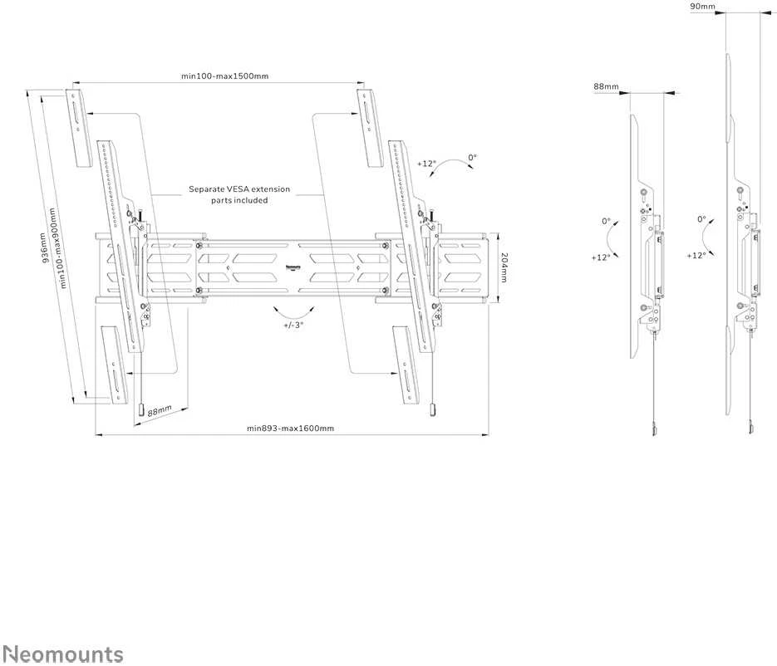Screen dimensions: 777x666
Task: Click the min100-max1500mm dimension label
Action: click(224, 76)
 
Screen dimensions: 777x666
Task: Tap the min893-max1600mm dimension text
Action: click(290, 428)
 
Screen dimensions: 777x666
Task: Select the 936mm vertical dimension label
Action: click(44, 247)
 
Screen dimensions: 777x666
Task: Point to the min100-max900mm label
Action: click(58, 247)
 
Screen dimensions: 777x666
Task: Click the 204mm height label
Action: click(504, 267)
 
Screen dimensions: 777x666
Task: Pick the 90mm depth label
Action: click(703, 7)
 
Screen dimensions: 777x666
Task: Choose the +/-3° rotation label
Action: click(293, 326)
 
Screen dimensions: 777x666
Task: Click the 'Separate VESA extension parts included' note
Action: click(239, 194)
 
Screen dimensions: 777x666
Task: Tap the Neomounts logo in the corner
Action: click(63, 654)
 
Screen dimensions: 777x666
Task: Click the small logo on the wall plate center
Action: click(293, 268)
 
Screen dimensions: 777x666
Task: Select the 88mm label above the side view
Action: click(606, 86)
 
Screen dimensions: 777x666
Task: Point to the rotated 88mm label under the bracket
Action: click(160, 410)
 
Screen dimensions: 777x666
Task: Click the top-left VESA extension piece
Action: click(79, 128)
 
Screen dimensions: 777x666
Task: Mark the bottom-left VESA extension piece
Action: click(115, 365)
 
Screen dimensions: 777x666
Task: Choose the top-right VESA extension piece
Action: click(370, 128)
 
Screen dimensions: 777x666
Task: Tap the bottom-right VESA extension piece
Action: click(406, 365)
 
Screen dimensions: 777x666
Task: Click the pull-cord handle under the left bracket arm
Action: click(140, 410)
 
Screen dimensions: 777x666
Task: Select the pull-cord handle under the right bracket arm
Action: click(433, 410)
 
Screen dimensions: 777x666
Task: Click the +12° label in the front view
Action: click(426, 163)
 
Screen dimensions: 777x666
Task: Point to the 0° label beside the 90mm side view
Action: click(701, 219)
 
